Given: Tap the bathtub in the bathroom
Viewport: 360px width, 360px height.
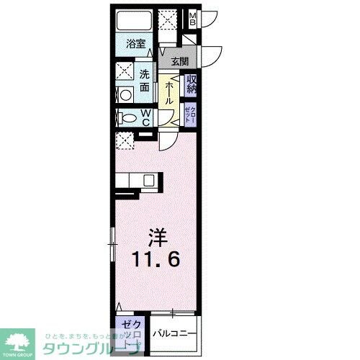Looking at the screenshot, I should click(x=134, y=20).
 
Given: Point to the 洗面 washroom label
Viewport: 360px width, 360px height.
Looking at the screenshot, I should click(x=145, y=78).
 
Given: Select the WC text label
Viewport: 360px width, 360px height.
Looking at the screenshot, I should click(x=145, y=117).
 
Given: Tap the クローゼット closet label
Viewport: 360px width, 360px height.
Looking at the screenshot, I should click(x=190, y=114).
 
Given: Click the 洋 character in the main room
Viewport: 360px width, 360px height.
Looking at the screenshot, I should click(x=157, y=235).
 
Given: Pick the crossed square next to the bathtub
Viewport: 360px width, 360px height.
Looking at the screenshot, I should click(x=168, y=19).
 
